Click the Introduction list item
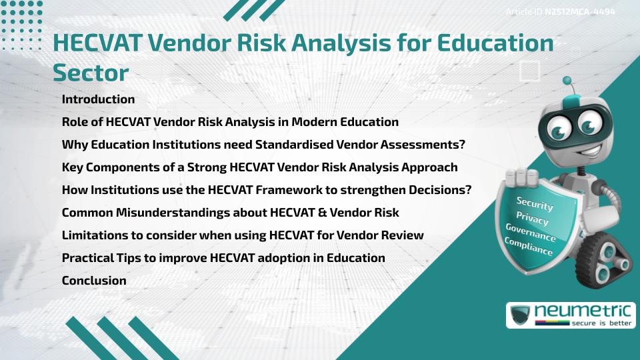(x=98, y=99)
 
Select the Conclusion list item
(x=94, y=281)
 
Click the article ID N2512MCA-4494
(x=579, y=11)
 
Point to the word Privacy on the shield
(x=532, y=219)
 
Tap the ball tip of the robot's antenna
(x=568, y=81)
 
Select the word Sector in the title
(x=91, y=72)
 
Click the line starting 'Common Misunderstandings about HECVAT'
(x=230, y=213)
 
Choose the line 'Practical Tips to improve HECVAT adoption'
(x=223, y=258)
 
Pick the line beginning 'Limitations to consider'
(x=243, y=235)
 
